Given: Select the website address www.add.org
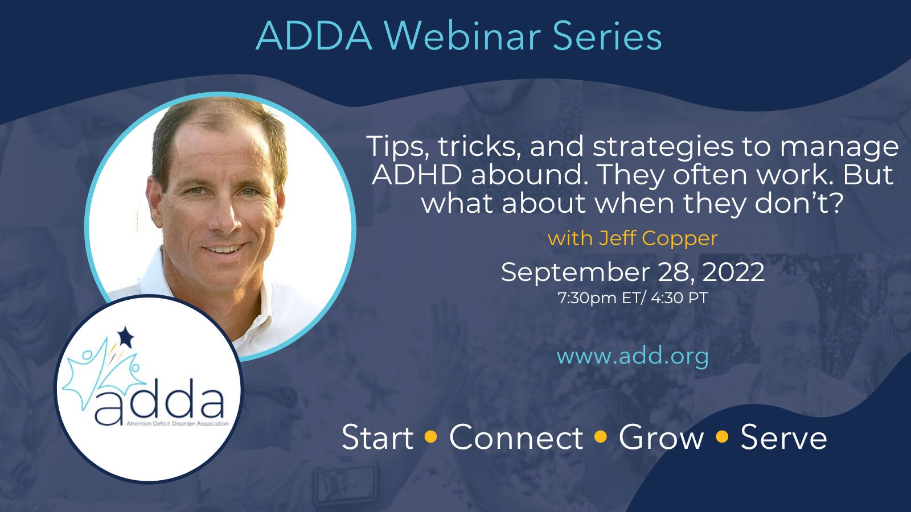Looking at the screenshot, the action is [633, 356].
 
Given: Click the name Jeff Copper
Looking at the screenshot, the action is [658, 238].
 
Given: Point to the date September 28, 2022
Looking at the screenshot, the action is [633, 272].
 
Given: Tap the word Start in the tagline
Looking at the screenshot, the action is [377, 437].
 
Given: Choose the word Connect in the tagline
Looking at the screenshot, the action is [516, 437].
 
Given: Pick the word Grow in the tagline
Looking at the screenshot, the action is [661, 437].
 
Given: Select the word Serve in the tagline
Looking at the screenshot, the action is [783, 437].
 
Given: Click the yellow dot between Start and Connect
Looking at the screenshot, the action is [430, 436].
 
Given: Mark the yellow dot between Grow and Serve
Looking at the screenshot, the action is [722, 436].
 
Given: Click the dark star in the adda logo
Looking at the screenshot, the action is [125, 337].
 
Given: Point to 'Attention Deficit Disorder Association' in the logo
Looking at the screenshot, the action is [177, 424].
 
